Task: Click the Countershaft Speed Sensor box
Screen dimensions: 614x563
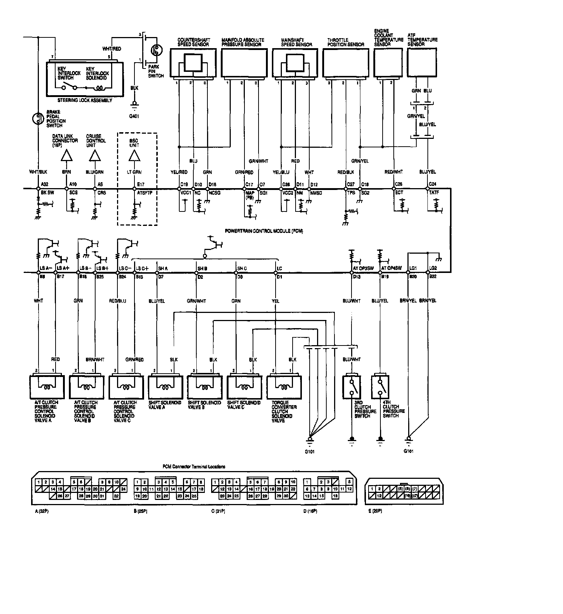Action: pyautogui.click(x=193, y=63)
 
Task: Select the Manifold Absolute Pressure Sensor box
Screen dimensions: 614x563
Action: pyautogui.click(x=244, y=63)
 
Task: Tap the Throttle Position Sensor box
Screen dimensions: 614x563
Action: pyautogui.click(x=346, y=63)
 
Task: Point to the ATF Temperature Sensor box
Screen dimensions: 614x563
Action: pyautogui.click(x=423, y=63)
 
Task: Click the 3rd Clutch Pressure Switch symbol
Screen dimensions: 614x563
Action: pyautogui.click(x=353, y=387)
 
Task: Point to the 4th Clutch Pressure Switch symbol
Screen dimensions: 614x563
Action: pyautogui.click(x=380, y=387)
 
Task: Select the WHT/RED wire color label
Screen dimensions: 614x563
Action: pyautogui.click(x=111, y=49)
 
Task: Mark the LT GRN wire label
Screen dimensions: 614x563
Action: pyautogui.click(x=134, y=172)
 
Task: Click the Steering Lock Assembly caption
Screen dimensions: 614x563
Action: pyautogui.click(x=85, y=100)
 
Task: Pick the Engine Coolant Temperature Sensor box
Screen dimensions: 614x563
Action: pyautogui.click(x=388, y=63)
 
